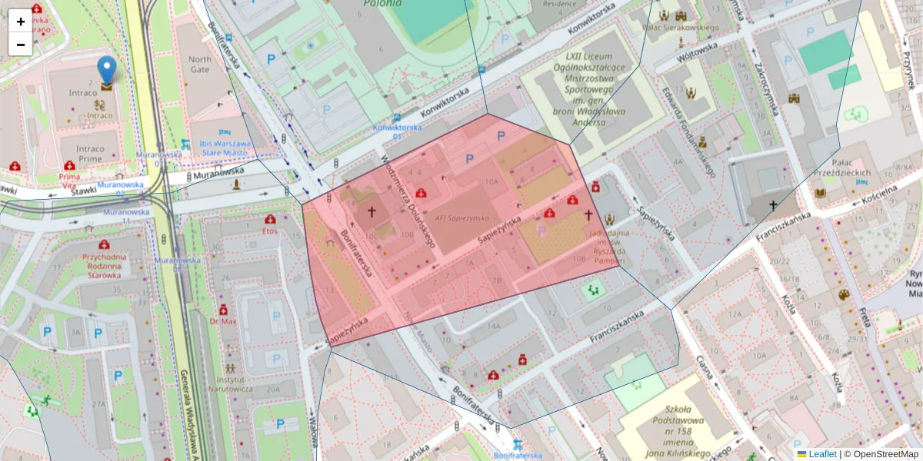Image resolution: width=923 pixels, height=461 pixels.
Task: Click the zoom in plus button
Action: [21, 22]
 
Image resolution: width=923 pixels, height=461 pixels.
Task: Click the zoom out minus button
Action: [21, 44]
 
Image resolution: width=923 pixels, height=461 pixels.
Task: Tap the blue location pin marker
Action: [107, 71]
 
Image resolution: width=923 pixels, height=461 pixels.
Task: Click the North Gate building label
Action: [199, 65]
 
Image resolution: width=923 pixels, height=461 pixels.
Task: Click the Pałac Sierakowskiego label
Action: [679, 28]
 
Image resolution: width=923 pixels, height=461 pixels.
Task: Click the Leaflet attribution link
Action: [822, 454]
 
